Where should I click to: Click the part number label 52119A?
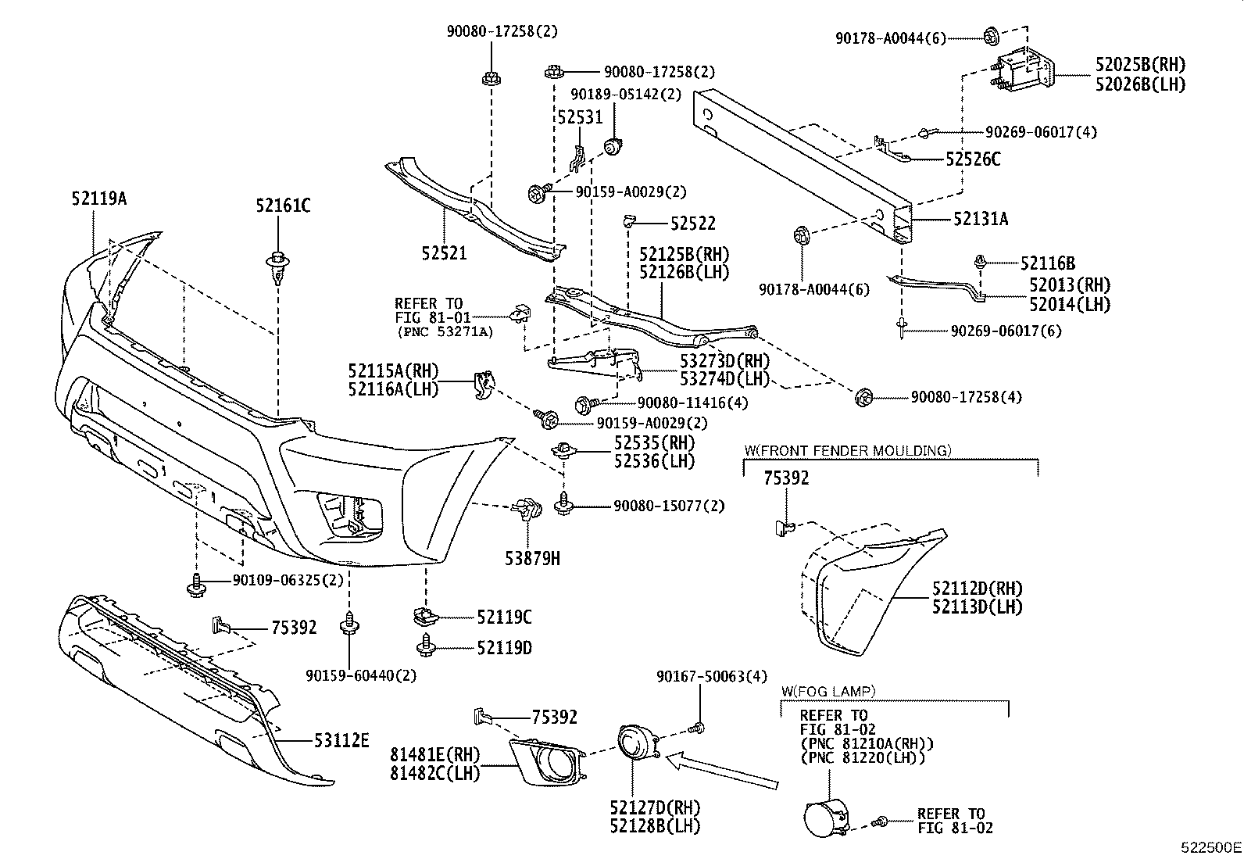99,199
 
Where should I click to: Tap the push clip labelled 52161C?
277,267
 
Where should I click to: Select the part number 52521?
445,253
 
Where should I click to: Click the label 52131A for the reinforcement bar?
981,219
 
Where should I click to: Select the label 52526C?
973,159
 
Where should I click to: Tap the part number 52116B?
1048,263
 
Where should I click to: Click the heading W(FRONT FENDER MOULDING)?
848,450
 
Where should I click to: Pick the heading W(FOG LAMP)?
828,691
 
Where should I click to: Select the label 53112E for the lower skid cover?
341,741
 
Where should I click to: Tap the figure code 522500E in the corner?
1210,847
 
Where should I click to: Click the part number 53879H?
533,558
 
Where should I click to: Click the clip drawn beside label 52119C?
426,616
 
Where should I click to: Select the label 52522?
693,224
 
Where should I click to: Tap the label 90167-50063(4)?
711,676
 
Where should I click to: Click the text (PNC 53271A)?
445,332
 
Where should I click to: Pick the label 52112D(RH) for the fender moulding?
978,588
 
